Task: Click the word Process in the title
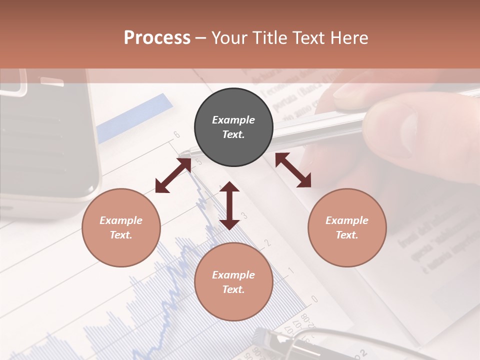pos(157,38)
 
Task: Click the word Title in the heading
pos(268,38)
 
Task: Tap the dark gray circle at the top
pos(233,127)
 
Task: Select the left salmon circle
pos(121,227)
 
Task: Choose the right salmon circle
pos(347,227)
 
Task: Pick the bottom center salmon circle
pos(233,282)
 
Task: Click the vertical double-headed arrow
pos(229,205)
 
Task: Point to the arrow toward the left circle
pos(173,175)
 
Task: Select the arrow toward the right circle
pos(293,170)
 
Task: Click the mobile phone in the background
pos(45,140)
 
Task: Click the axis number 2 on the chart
pos(267,243)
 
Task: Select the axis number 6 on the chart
pos(176,134)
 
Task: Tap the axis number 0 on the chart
pos(314,299)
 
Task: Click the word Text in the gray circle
pos(233,134)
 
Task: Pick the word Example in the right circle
pos(347,220)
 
